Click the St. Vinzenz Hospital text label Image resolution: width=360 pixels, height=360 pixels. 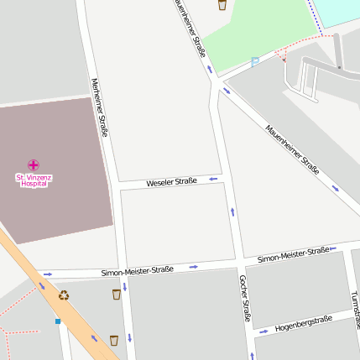click(33, 180)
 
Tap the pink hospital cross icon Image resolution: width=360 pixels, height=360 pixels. click(34, 164)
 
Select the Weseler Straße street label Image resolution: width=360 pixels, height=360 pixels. click(171, 181)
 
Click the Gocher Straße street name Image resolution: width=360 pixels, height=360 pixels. click(245, 298)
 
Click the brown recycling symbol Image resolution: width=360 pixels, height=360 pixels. click(64, 295)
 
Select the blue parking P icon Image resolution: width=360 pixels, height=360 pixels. click(255, 61)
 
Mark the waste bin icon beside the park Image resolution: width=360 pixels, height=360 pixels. click(222, 5)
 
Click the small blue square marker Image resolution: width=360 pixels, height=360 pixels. click(58, 321)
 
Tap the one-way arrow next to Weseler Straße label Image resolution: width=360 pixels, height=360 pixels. click(214, 178)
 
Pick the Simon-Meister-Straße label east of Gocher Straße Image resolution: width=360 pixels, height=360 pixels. click(293, 254)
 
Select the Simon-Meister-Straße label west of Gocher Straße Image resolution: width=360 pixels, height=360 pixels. click(137, 270)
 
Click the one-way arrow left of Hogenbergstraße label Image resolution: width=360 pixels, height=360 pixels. click(263, 331)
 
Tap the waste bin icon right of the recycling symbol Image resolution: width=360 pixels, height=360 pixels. click(116, 294)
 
